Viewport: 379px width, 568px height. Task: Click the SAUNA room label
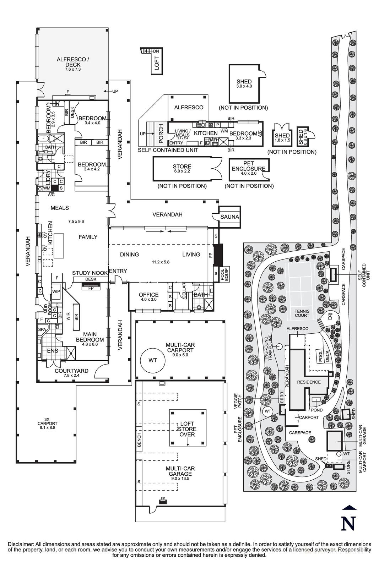[x=230, y=217]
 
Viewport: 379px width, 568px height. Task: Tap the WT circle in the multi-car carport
[x=152, y=360]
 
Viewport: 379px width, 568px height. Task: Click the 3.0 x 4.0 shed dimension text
[x=244, y=86]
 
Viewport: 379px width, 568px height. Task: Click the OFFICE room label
[x=148, y=295]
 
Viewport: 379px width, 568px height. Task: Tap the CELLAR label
[x=184, y=291]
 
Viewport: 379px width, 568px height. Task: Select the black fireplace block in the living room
[x=217, y=255]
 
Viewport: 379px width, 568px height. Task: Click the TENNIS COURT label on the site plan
[x=302, y=313]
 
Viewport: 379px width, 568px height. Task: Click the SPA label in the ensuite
[x=43, y=329]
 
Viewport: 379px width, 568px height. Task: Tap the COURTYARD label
[x=71, y=371]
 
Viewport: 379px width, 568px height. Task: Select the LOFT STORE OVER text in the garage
[x=187, y=429]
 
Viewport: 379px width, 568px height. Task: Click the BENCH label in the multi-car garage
[x=139, y=439]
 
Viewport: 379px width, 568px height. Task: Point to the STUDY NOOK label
[x=90, y=273]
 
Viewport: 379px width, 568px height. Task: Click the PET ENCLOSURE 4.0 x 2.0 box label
[x=248, y=166]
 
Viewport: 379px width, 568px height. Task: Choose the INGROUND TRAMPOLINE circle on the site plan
[x=279, y=346]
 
